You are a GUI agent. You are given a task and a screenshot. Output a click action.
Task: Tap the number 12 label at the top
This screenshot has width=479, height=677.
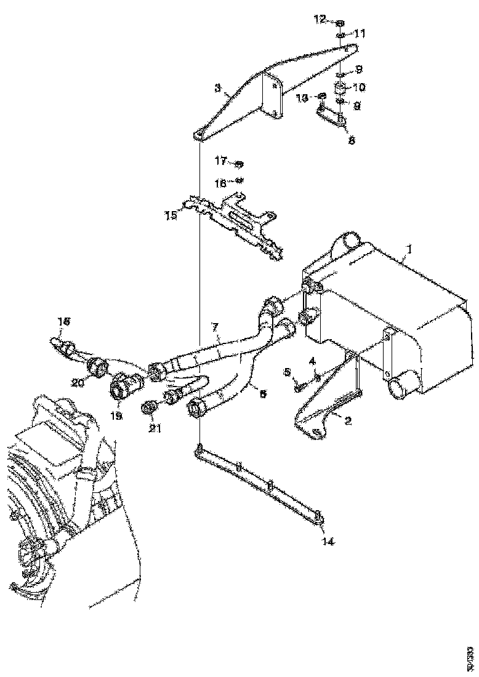320,20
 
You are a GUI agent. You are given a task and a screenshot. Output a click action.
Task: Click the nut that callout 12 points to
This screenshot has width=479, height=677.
340,23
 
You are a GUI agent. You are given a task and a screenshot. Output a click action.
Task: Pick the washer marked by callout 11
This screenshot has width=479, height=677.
340,36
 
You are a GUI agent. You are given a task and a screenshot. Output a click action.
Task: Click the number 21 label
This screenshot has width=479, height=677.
155,428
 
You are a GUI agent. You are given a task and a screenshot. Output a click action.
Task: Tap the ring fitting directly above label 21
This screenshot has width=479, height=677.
148,407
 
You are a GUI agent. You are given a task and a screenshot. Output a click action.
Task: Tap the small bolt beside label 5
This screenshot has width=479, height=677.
299,387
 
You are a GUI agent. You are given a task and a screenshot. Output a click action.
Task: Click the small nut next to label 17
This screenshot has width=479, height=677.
240,164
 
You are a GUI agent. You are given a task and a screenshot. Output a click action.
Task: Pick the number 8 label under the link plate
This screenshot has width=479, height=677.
351,140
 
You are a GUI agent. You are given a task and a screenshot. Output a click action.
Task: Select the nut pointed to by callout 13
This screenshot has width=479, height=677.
321,97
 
